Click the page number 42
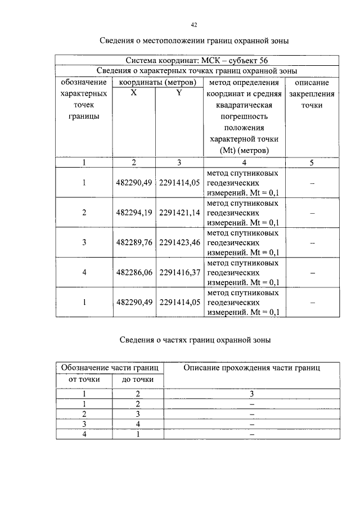pyautogui.click(x=194, y=25)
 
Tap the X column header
pyautogui.click(x=133, y=93)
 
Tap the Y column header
pyautogui.click(x=179, y=93)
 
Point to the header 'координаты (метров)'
pyautogui.click(x=156, y=83)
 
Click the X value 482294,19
pyautogui.click(x=134, y=214)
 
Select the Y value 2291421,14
pyautogui.click(x=179, y=214)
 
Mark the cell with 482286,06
pyautogui.click(x=134, y=272)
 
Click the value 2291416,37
pyautogui.click(x=179, y=272)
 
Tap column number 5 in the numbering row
pyautogui.click(x=312, y=163)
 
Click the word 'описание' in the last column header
pyautogui.click(x=312, y=83)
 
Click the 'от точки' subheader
pyautogui.click(x=83, y=380)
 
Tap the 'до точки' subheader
pyautogui.click(x=138, y=380)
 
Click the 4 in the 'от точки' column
pyautogui.click(x=83, y=434)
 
